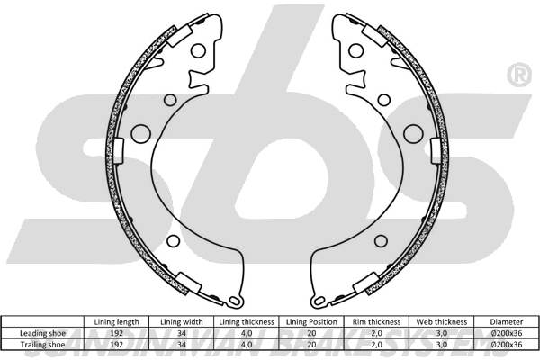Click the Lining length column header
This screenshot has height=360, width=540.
(116, 322)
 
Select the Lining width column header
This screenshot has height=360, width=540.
(182, 322)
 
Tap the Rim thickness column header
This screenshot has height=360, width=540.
(376, 322)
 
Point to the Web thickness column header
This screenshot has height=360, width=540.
(442, 322)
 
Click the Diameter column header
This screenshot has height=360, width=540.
(507, 322)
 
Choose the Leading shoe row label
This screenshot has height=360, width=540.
(42, 333)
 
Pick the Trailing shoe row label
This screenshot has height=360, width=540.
(42, 345)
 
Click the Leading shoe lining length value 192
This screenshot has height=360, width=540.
(116, 333)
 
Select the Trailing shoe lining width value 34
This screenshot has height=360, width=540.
(182, 345)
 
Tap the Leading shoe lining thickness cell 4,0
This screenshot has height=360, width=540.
(247, 333)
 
